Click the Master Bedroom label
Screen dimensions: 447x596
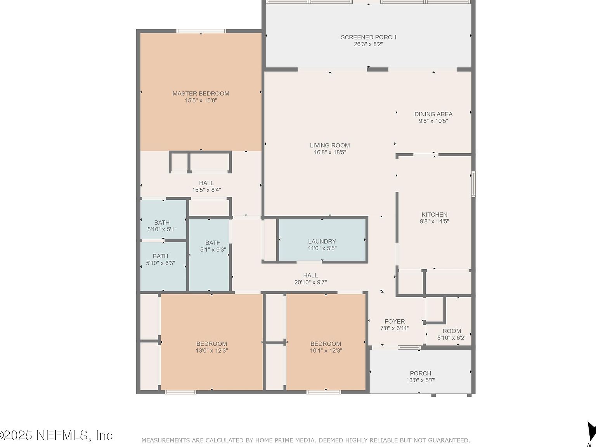pyautogui.click(x=201, y=94)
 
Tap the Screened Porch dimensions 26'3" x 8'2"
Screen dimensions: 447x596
pyautogui.click(x=368, y=44)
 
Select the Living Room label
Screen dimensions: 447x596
pyautogui.click(x=330, y=146)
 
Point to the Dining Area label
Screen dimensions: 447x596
pyautogui.click(x=433, y=114)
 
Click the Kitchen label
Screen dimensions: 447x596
pyautogui.click(x=434, y=215)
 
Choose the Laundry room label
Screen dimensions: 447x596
pyautogui.click(x=322, y=241)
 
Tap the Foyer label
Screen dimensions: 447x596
pyautogui.click(x=395, y=321)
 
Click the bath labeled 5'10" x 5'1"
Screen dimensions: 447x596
pyautogui.click(x=162, y=226)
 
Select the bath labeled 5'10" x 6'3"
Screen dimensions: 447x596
pyautogui.click(x=160, y=260)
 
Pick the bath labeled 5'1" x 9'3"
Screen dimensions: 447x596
pyautogui.click(x=213, y=246)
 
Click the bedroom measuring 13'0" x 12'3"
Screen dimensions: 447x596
pyautogui.click(x=211, y=347)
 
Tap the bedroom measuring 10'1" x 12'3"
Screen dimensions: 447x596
pyautogui.click(x=326, y=347)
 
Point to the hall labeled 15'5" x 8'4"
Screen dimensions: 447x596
pyautogui.click(x=206, y=186)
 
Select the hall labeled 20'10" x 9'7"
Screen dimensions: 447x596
pyautogui.click(x=310, y=279)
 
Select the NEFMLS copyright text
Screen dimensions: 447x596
pyautogui.click(x=56, y=435)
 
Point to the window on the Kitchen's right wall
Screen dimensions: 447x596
pyautogui.click(x=473, y=184)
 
